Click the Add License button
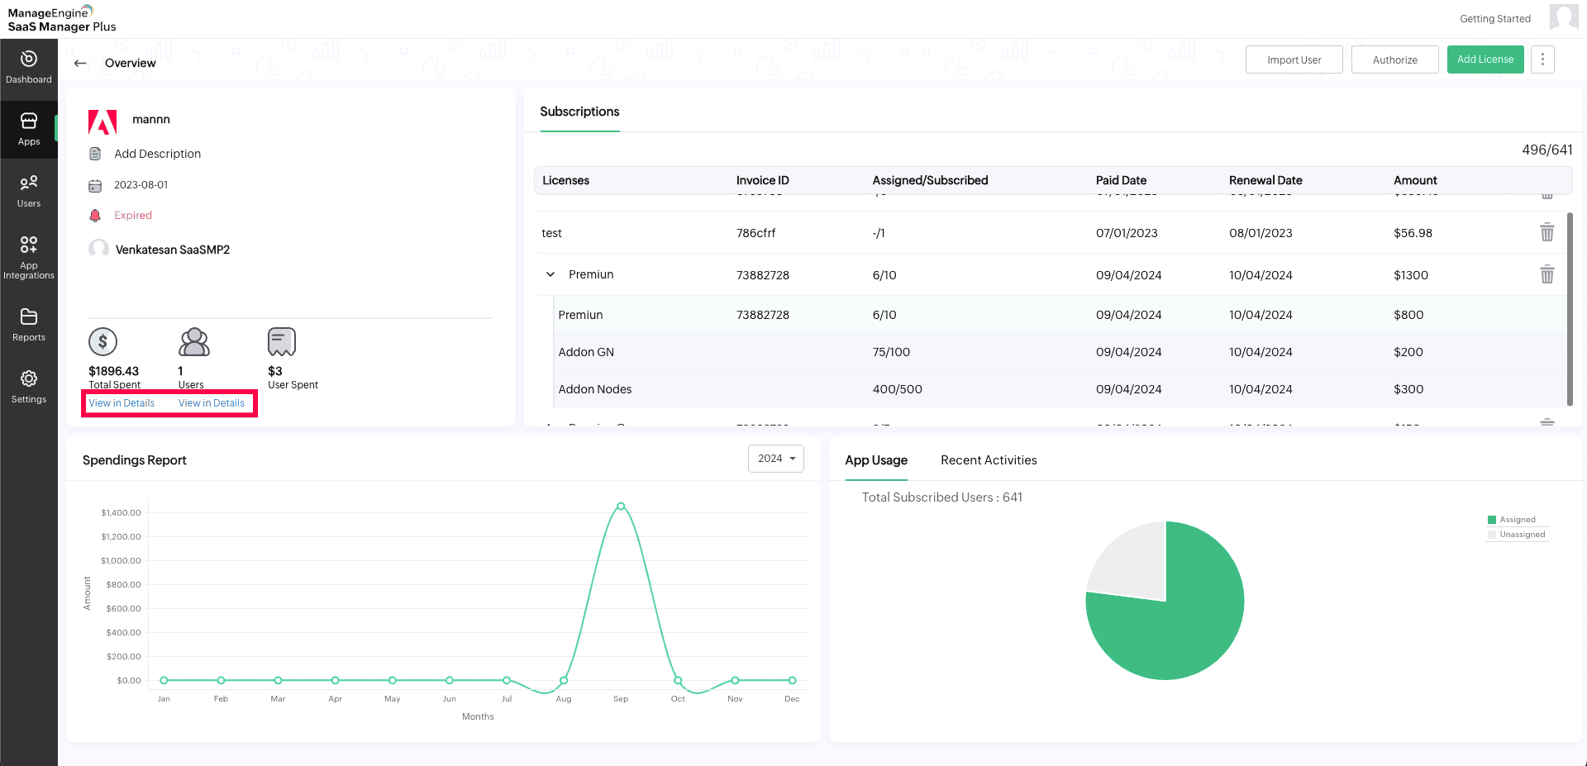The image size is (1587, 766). [1485, 59]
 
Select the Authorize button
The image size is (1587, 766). [1394, 59]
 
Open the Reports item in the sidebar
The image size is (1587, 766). [29, 324]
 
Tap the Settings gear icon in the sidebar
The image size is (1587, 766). [29, 378]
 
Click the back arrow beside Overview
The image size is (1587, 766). [80, 63]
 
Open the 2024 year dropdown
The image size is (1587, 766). [775, 459]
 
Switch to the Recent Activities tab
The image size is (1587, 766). [989, 460]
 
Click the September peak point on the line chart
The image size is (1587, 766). [621, 507]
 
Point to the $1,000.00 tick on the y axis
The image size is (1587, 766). [121, 560]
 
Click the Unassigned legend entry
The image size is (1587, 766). [1522, 535]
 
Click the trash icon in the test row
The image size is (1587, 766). [1546, 232]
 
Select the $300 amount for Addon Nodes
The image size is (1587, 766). [1408, 389]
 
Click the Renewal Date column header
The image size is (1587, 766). [1265, 180]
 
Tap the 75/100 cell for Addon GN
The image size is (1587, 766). [891, 352]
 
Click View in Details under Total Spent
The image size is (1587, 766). [122, 403]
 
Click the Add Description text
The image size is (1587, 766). [157, 154]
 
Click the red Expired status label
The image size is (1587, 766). [133, 216]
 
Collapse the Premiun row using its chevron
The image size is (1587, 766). [550, 274]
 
